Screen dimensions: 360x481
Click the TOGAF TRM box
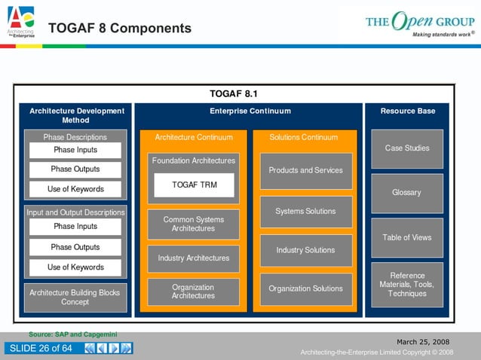point(194,185)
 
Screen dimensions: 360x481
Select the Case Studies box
point(407,148)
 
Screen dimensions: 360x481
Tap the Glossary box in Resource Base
point(407,193)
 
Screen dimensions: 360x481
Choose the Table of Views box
point(407,237)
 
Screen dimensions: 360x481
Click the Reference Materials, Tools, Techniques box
point(407,285)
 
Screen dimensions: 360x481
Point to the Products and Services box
point(306,170)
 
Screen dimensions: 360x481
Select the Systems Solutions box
point(306,212)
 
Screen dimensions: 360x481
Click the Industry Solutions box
point(306,250)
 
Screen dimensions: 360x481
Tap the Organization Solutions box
point(306,288)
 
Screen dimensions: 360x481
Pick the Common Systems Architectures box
point(194,224)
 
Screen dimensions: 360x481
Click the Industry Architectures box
point(194,258)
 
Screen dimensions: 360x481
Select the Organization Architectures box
point(194,291)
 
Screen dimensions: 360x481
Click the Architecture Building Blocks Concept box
point(75,297)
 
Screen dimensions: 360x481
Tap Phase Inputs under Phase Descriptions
point(75,150)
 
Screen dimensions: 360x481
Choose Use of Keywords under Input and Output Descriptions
point(75,267)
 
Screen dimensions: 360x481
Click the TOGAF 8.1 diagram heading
point(234,93)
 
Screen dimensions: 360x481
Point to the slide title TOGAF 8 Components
point(120,29)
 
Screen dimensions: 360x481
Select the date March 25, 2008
point(423,341)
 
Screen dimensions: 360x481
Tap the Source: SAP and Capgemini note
point(73,334)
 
